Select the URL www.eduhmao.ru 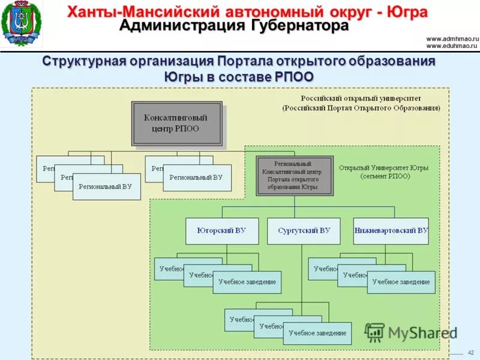(x=451, y=45)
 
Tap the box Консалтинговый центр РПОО (x=176, y=124)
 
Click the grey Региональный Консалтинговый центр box (x=294, y=175)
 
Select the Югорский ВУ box (x=222, y=230)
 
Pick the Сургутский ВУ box (x=304, y=230)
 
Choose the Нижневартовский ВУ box (x=391, y=230)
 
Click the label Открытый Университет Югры (x=383, y=168)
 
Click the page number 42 (x=470, y=352)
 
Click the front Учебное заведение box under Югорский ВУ (x=247, y=281)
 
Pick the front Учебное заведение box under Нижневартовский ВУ (x=401, y=281)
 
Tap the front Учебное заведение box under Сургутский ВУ (x=317, y=332)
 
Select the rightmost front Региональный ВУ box (x=196, y=178)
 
